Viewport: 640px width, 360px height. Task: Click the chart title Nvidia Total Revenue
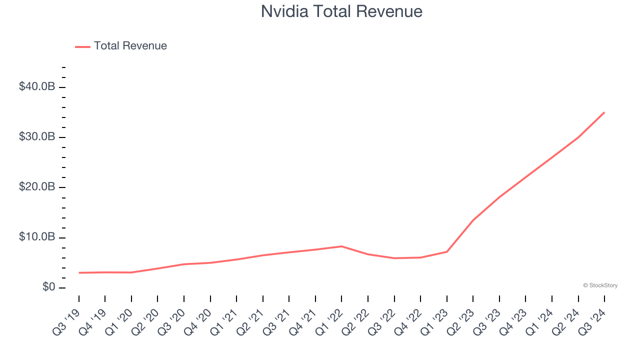click(341, 11)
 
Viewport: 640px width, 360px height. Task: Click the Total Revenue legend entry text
click(130, 46)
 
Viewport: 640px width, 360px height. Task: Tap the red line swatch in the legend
click(82, 46)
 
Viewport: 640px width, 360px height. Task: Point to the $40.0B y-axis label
click(37, 87)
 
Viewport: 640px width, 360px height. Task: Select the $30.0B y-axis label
click(37, 137)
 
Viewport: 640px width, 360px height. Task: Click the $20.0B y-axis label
click(37, 187)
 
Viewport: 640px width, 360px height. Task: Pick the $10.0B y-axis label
click(37, 237)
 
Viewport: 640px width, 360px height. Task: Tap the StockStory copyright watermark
click(600, 285)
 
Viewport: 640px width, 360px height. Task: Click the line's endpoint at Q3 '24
click(604, 112)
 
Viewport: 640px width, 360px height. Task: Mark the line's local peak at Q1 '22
click(341, 246)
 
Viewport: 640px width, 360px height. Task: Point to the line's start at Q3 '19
click(79, 272)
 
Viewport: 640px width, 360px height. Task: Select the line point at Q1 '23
click(446, 251)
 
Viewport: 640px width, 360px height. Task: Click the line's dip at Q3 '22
click(394, 258)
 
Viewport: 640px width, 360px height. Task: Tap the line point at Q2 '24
click(578, 137)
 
